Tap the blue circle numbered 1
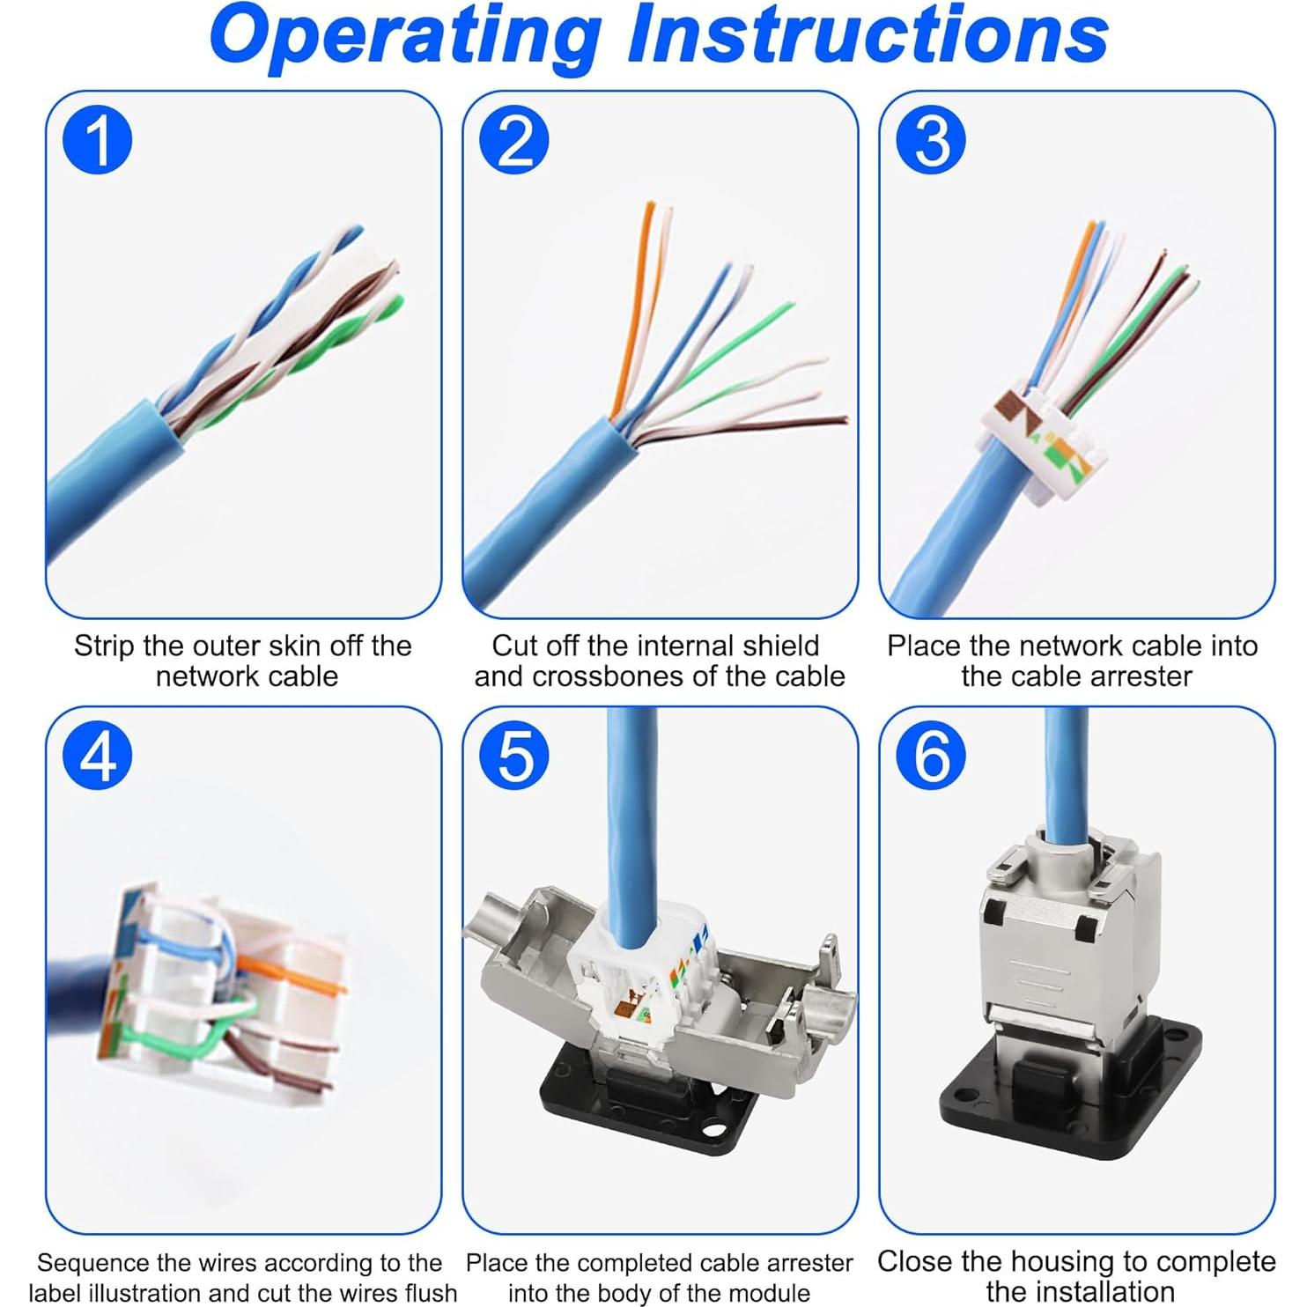(x=98, y=140)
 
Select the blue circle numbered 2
(x=514, y=140)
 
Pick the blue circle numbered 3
(x=931, y=140)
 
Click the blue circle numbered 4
(x=98, y=756)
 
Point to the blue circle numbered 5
(x=514, y=756)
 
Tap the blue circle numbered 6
(x=931, y=756)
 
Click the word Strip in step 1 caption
(x=104, y=646)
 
